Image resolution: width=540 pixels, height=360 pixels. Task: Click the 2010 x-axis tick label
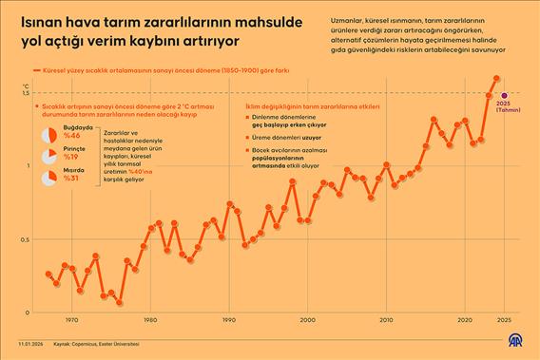point(385,320)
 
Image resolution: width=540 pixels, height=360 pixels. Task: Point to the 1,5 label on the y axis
point(26,93)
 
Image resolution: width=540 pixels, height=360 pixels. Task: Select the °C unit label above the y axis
point(26,85)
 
